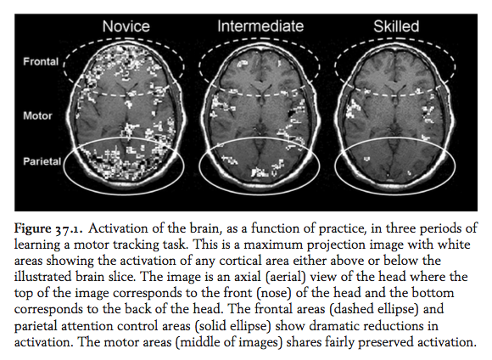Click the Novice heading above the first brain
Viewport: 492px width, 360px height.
click(x=126, y=26)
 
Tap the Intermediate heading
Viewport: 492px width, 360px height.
click(x=260, y=26)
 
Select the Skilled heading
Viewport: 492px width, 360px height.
click(x=396, y=26)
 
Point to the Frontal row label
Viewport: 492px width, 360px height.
click(x=41, y=62)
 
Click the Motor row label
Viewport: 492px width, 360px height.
click(x=37, y=116)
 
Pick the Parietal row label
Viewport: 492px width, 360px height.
click(x=42, y=161)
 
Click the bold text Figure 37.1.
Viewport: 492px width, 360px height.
click(x=48, y=228)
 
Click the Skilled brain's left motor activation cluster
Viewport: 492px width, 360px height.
click(x=354, y=108)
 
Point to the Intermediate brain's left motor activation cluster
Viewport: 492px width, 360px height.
click(x=221, y=105)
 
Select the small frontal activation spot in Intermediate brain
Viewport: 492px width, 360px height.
click(x=243, y=65)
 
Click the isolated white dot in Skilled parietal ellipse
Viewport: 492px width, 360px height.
click(x=366, y=159)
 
